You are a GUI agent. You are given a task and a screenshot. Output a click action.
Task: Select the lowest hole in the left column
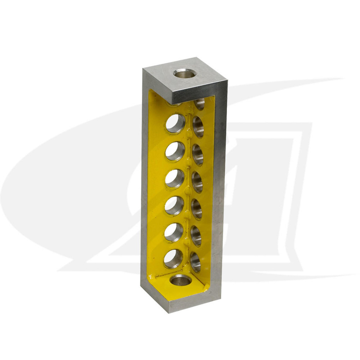coord(174,259)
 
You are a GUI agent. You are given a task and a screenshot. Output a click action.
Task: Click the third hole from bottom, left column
coord(174,206)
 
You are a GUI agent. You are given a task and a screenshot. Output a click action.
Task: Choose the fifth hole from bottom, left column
coord(175,151)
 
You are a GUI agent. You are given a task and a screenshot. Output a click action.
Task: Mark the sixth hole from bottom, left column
coord(176,123)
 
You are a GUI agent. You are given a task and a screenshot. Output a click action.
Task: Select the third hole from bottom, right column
coord(197,209)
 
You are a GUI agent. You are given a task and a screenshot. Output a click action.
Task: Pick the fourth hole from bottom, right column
coord(197,182)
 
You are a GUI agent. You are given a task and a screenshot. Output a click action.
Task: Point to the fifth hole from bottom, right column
coord(198,155)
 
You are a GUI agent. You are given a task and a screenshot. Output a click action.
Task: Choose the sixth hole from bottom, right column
coord(198,127)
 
